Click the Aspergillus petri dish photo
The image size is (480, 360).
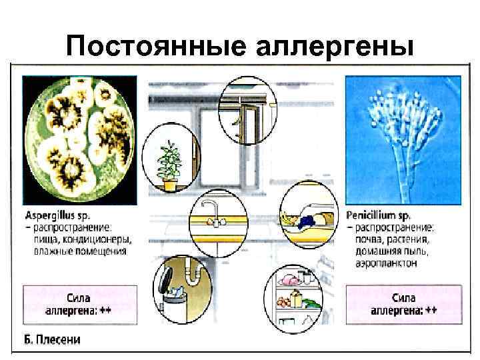(80, 139)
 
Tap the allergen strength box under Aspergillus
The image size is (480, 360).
(80, 304)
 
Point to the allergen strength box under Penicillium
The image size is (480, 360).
(403, 304)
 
